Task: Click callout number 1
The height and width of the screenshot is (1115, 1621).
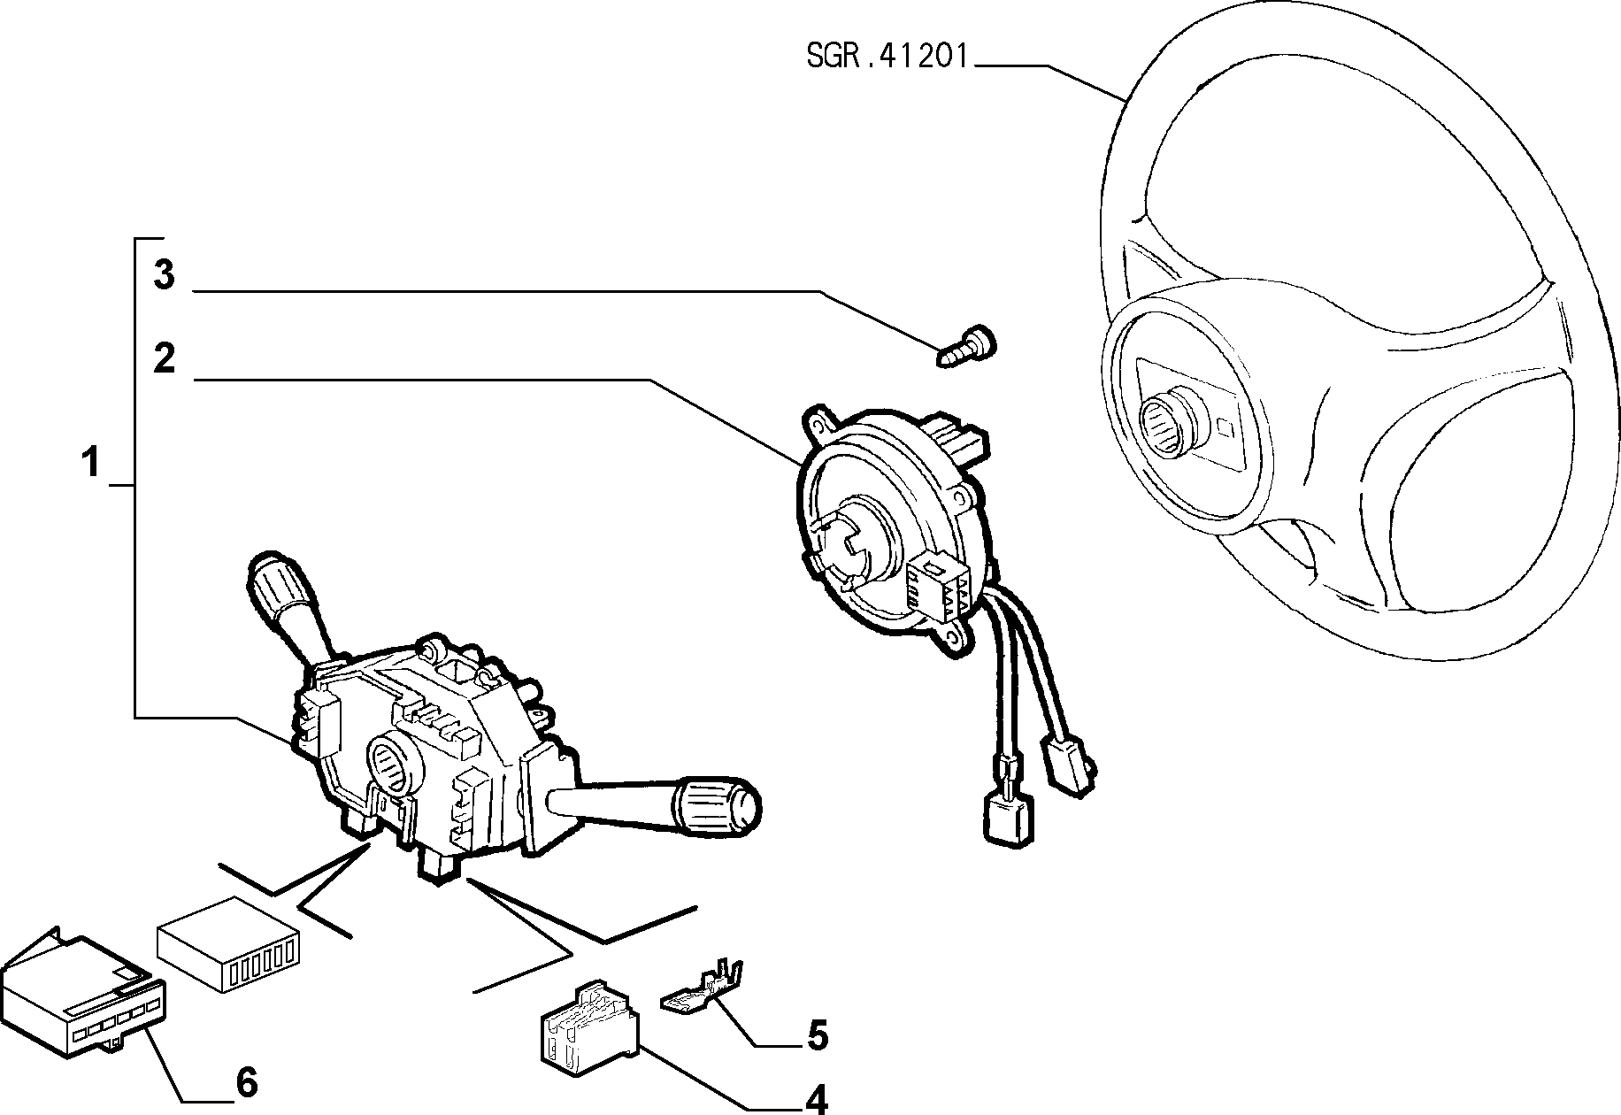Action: click(90, 463)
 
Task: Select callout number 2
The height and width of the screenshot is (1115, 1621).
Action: click(164, 359)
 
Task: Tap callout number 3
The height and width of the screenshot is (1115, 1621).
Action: click(164, 275)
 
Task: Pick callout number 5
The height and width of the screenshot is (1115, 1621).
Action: click(816, 1035)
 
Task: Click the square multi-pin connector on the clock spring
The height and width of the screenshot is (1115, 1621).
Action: click(938, 583)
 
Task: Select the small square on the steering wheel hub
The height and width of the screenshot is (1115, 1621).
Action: click(1226, 427)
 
